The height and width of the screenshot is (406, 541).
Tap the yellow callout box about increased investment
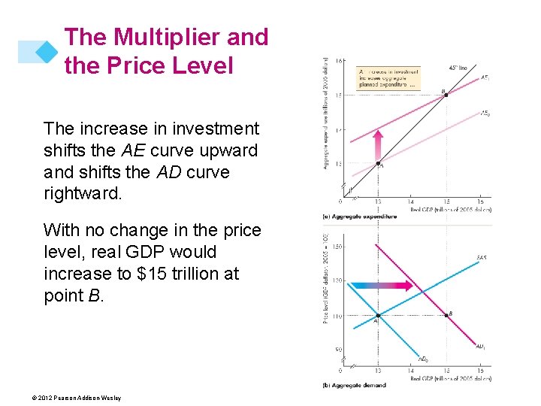(388, 77)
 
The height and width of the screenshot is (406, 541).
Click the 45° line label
(458, 68)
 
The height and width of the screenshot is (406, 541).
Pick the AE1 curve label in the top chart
(485, 77)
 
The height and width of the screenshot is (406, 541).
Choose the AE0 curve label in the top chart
(485, 114)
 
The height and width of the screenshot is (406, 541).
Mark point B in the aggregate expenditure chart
(446, 95)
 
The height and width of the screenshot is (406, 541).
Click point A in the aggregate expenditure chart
(378, 165)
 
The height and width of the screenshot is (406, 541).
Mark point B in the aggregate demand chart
(446, 315)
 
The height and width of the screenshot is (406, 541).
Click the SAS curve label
(481, 258)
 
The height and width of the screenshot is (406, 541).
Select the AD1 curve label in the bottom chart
(480, 347)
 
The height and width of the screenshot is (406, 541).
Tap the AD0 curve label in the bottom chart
(423, 359)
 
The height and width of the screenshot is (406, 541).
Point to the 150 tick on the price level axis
(336, 246)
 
